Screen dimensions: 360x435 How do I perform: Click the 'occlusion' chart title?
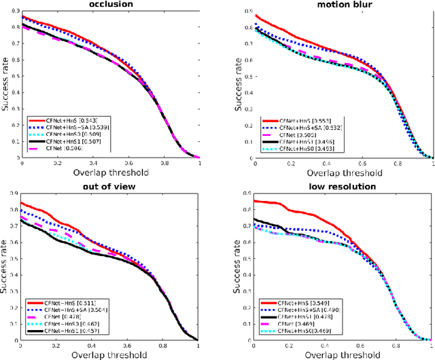[x=111, y=5]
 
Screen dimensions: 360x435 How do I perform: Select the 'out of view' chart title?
[x=111, y=187]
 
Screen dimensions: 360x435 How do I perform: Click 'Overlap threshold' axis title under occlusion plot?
[x=110, y=173]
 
